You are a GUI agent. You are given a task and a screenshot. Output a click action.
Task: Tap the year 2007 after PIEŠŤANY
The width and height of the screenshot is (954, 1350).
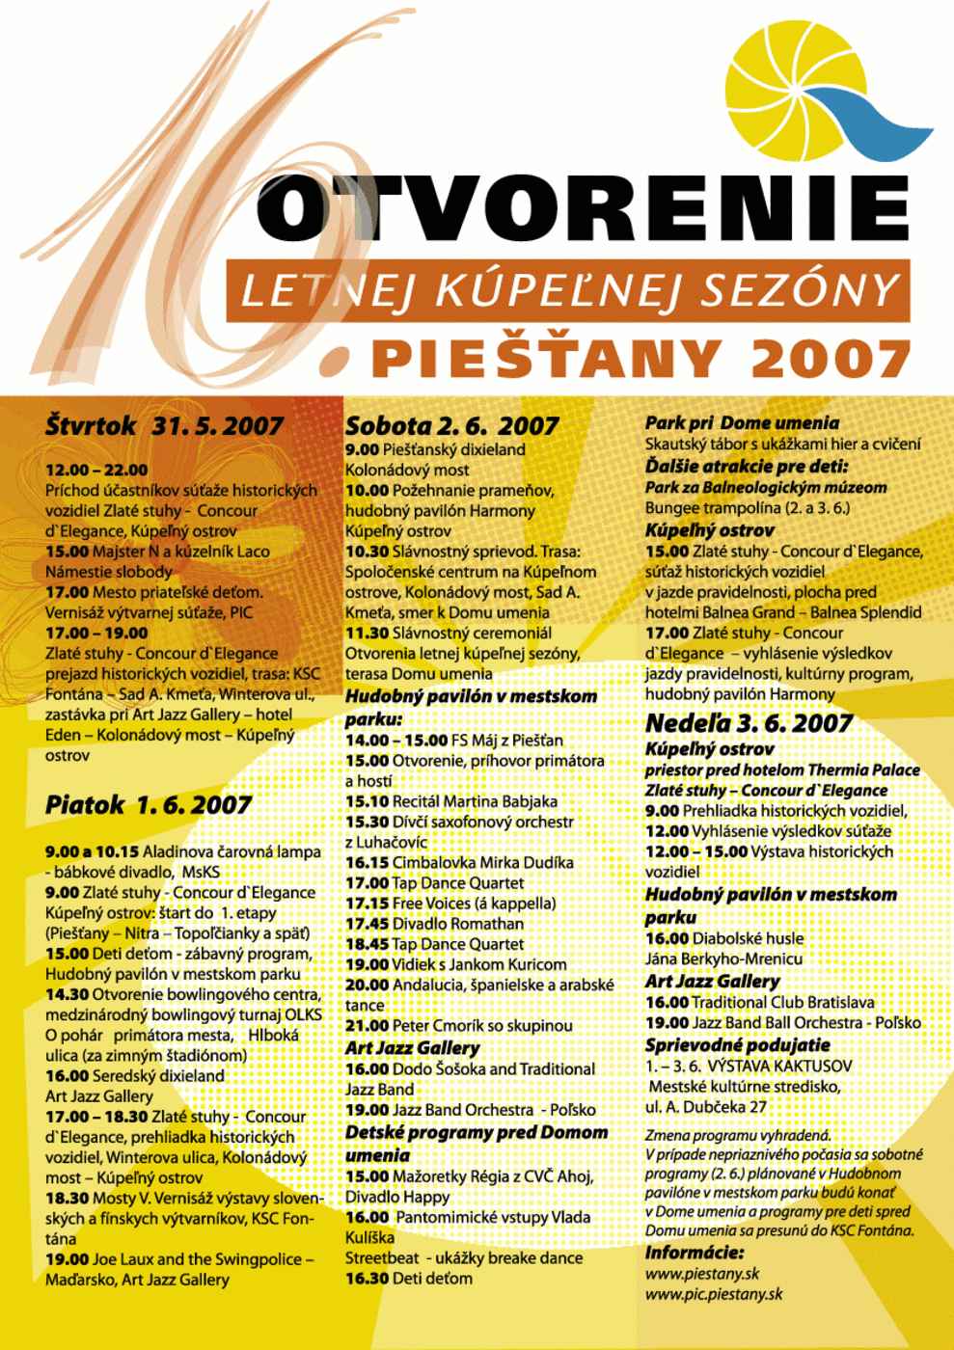coord(831,359)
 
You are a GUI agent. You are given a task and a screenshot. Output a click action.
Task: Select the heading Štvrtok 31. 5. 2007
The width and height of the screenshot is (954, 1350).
coord(164,426)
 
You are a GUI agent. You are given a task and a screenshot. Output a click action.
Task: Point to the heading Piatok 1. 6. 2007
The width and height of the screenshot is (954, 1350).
coord(148,805)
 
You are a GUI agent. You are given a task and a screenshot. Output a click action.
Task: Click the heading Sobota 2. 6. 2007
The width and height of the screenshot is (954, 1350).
coord(451,426)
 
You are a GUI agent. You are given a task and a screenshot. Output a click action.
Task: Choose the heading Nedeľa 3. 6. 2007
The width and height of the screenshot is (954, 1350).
coord(749,723)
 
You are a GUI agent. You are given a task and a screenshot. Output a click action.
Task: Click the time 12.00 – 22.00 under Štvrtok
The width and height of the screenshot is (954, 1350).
coord(96,471)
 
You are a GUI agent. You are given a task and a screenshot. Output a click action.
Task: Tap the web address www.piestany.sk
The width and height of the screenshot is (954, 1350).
coord(702,1274)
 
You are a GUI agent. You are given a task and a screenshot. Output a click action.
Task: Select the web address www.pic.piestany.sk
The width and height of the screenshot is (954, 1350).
coord(714,1294)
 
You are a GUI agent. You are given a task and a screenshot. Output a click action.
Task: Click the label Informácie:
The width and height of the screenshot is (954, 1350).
coord(695,1253)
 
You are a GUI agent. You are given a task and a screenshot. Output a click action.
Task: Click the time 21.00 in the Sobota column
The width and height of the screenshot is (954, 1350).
coord(367,1026)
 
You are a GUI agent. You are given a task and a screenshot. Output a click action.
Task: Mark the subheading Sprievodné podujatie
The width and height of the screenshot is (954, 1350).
coord(737,1045)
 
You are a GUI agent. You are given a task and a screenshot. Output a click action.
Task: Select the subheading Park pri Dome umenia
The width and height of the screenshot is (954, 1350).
coord(742,423)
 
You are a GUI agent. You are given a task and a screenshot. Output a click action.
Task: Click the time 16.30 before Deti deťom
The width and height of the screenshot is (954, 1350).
coord(367,1279)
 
